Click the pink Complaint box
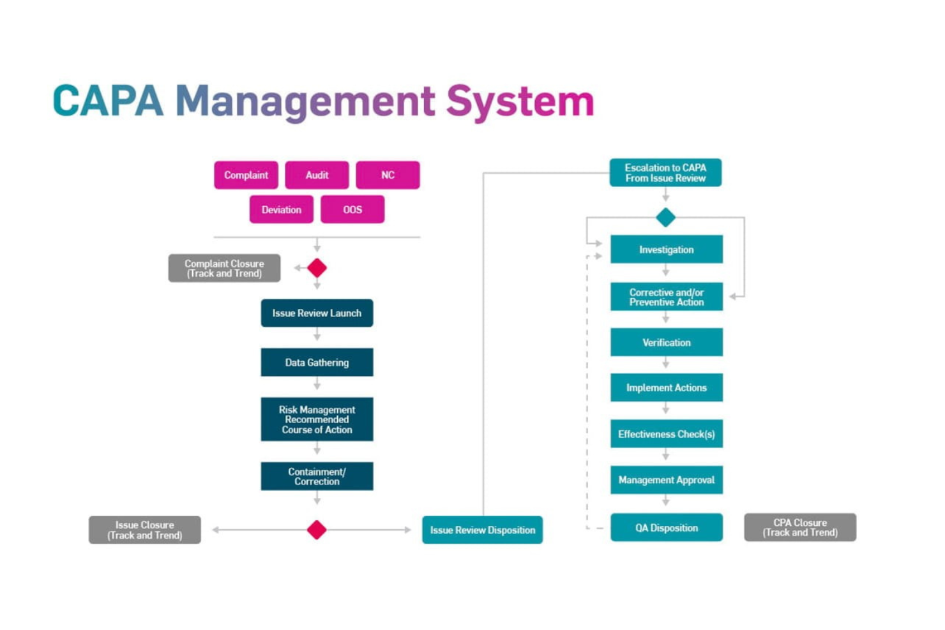coord(246,175)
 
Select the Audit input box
coord(317,175)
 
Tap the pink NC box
coord(388,175)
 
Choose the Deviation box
coord(281,209)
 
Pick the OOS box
coord(352,209)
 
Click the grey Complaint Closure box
coord(224,268)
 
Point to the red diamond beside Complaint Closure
coord(317,268)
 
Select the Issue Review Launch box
coord(317,313)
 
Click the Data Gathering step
coord(317,362)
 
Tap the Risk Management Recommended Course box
coord(317,419)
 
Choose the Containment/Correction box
coord(317,476)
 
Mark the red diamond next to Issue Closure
coord(317,530)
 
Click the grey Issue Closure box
coord(144,530)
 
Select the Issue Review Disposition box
coord(482,530)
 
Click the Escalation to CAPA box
coord(665,172)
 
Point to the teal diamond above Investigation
coord(665,218)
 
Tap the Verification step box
coord(666,342)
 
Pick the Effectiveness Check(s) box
coord(666,433)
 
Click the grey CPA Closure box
coord(799,527)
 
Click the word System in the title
coord(520,101)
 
